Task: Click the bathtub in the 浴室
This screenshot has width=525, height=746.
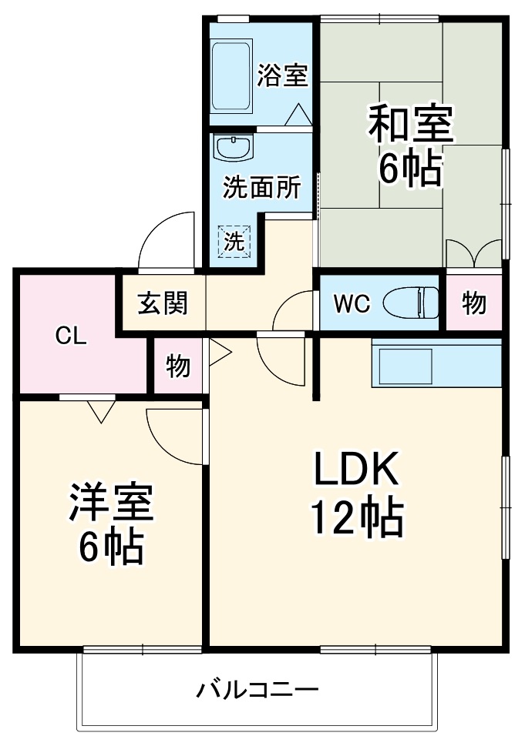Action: (x=231, y=78)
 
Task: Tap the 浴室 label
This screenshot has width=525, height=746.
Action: (x=282, y=75)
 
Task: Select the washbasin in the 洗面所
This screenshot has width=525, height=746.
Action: (x=234, y=148)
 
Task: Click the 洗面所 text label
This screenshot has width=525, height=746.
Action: (x=262, y=187)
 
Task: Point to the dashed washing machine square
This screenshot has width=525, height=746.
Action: (x=234, y=241)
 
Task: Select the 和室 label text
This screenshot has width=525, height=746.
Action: (x=411, y=125)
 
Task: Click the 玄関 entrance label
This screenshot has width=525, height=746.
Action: (x=163, y=303)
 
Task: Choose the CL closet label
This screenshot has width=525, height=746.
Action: (x=71, y=336)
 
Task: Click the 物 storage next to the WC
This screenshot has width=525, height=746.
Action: (x=474, y=303)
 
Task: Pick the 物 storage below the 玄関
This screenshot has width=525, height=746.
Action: (x=178, y=366)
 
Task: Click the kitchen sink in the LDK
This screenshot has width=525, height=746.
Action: (x=406, y=366)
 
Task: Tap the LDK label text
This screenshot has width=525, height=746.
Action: (x=355, y=469)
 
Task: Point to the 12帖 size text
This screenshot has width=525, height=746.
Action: (x=357, y=517)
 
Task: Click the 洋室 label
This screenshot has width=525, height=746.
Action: (x=111, y=503)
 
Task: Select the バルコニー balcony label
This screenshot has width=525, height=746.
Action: (x=257, y=689)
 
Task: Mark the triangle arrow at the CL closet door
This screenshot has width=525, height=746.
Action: (x=102, y=412)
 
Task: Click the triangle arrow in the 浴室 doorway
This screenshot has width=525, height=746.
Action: (x=298, y=115)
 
